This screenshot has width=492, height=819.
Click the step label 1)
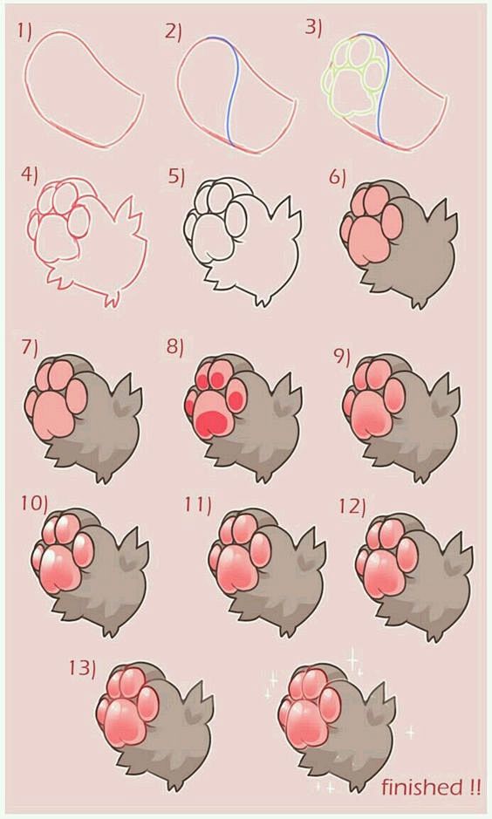[24, 31]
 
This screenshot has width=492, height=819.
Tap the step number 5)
[176, 177]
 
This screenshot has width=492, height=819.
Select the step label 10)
[35, 503]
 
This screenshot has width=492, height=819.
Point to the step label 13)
[83, 667]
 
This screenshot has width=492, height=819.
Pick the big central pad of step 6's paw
[368, 240]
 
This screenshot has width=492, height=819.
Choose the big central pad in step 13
[125, 722]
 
